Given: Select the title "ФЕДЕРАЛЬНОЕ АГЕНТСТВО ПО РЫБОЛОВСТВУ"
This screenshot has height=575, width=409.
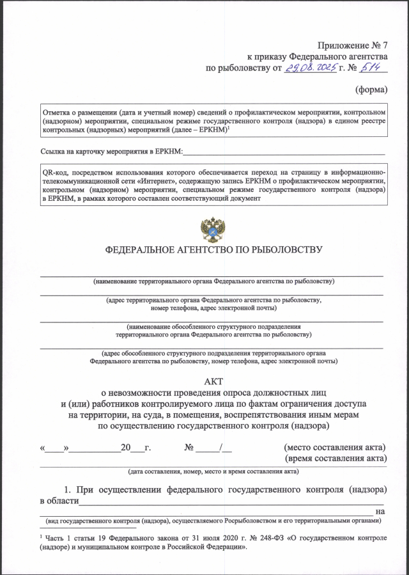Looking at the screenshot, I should (213, 250).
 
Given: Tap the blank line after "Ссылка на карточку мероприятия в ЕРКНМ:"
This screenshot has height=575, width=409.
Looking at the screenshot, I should (284, 154).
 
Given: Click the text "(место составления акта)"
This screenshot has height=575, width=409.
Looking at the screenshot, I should (334, 447).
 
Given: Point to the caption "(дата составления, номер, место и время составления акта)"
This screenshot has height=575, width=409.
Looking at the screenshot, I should (213, 472).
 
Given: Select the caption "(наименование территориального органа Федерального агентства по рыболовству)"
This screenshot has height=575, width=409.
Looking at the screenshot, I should (213, 281).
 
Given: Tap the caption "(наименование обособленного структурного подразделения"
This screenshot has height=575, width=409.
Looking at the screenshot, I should (213, 326).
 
